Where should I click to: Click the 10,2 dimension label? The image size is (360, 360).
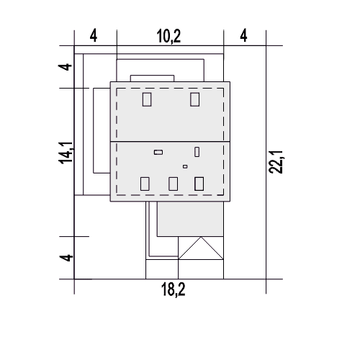pyautogui.click(x=168, y=37)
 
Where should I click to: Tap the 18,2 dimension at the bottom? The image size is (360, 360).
pyautogui.click(x=173, y=289)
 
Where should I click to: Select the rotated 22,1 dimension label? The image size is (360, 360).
pyautogui.click(x=276, y=162)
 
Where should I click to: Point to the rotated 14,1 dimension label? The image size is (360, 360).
pyautogui.click(x=66, y=153)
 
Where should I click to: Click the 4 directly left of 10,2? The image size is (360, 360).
pyautogui.click(x=94, y=36)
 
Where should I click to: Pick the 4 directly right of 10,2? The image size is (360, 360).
pyautogui.click(x=243, y=36)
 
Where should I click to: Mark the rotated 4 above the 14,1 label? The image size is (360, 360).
pyautogui.click(x=66, y=67)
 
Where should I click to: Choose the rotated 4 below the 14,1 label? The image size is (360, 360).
pyautogui.click(x=66, y=258)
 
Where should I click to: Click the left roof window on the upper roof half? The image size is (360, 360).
pyautogui.click(x=147, y=99)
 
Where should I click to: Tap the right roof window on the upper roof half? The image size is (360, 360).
pyautogui.click(x=194, y=99)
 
